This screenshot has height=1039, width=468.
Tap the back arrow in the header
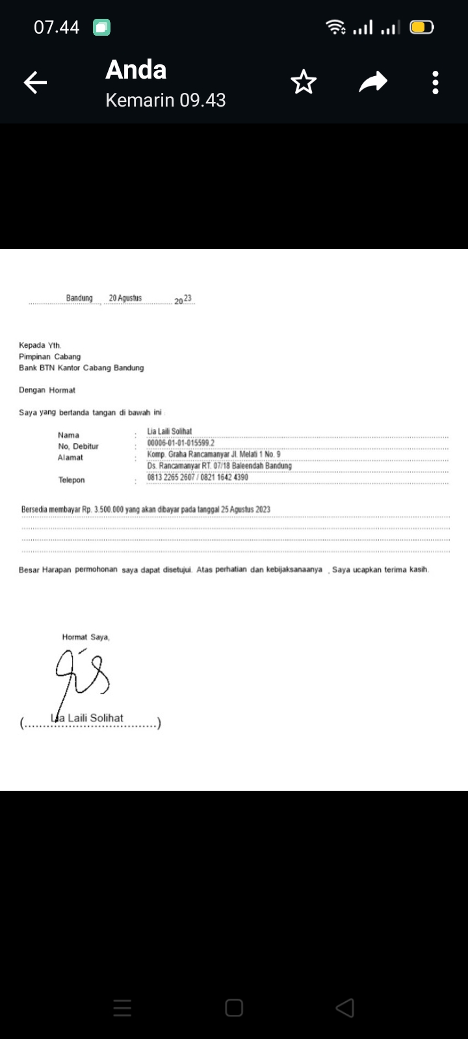tap(36, 83)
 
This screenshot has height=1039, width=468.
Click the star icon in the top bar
tap(303, 83)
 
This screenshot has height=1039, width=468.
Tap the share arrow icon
tap(373, 83)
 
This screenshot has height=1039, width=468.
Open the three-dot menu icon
tap(435, 83)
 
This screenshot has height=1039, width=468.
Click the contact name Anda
tap(136, 70)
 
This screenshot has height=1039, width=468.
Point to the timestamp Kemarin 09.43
tap(165, 100)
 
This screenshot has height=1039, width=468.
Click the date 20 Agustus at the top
tap(125, 298)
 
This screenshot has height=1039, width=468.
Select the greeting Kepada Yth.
tap(40, 345)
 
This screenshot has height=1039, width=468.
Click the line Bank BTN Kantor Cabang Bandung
tap(81, 368)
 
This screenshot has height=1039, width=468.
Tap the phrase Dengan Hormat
tap(47, 390)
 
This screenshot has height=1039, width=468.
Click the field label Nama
tap(68, 435)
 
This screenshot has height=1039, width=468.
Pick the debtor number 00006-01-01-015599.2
tap(181, 443)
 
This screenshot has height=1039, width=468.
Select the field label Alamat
tap(70, 457)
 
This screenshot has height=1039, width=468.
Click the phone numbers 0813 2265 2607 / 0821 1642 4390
tap(198, 478)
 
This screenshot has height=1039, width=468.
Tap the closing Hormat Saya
tap(86, 637)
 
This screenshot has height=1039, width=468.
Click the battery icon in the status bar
tap(421, 27)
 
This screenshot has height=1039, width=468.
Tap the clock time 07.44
tap(57, 27)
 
